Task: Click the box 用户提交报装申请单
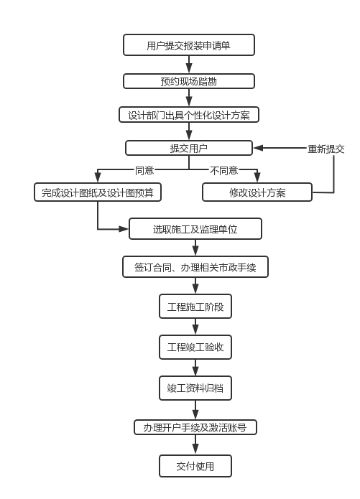coord(189,45)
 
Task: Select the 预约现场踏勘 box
coord(189,81)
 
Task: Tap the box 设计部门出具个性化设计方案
coord(189,115)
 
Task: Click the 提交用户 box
coord(189,148)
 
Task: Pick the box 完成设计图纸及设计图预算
coord(98,192)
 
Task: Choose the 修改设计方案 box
coord(257,192)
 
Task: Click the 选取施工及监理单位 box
coord(195,228)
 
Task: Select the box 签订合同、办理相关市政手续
coord(195,266)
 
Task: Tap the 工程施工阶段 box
coord(195,306)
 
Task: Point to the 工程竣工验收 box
coord(195,347)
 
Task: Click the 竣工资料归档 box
coord(195,388)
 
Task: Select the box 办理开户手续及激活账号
coord(195,427)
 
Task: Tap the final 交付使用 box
coord(195,466)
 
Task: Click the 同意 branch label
coord(144,170)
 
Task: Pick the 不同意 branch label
coord(224,170)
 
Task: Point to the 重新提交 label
coord(326,149)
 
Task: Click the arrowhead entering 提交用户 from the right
coord(258,148)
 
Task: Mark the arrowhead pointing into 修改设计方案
coord(257,177)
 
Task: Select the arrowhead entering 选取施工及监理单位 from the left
coord(124,228)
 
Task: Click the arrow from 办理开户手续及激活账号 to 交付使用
coord(195,445)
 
